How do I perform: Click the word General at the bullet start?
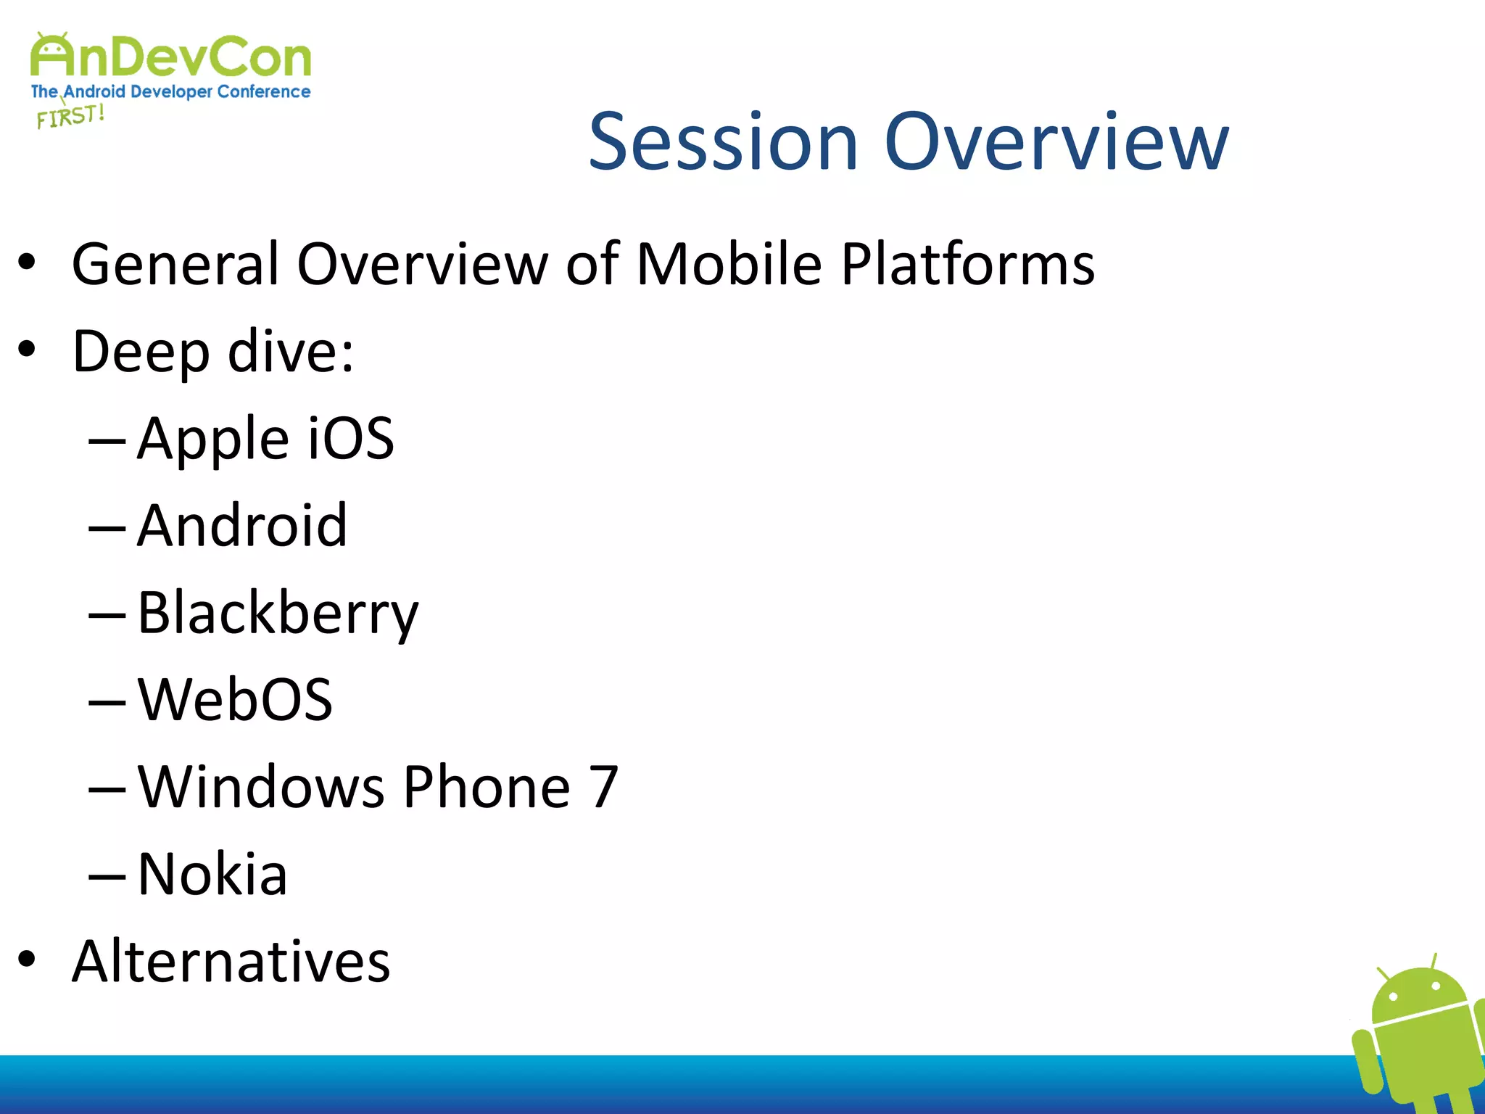pyautogui.click(x=175, y=264)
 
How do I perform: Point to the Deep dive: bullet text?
pyautogui.click(x=212, y=352)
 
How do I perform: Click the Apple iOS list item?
pyautogui.click(x=265, y=439)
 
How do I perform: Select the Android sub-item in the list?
pyautogui.click(x=242, y=526)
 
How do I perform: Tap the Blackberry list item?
pyautogui.click(x=278, y=614)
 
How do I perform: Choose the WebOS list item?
pyautogui.click(x=235, y=700)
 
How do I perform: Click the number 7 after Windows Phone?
pyautogui.click(x=603, y=787)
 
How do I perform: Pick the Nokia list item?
pyautogui.click(x=212, y=875)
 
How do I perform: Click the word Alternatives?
pyautogui.click(x=231, y=962)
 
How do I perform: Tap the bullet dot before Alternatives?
pyautogui.click(x=27, y=960)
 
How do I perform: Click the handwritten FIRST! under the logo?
pyautogui.click(x=70, y=116)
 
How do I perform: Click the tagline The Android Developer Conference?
pyautogui.click(x=170, y=92)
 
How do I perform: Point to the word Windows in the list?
pyautogui.click(x=261, y=787)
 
